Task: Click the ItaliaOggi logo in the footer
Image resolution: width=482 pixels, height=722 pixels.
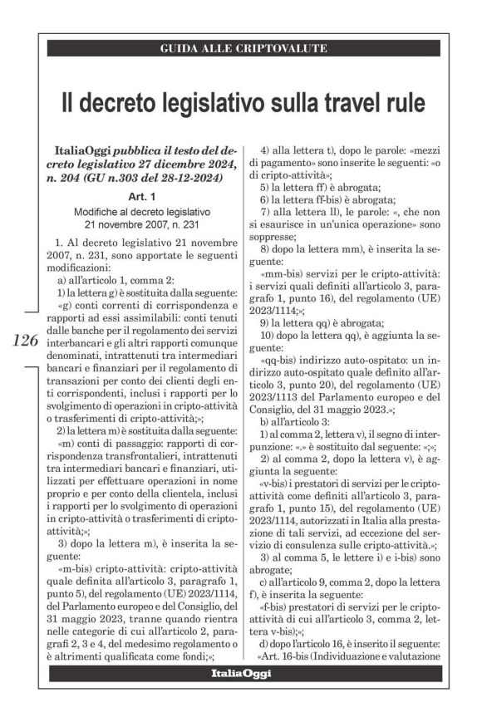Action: click(240, 672)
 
